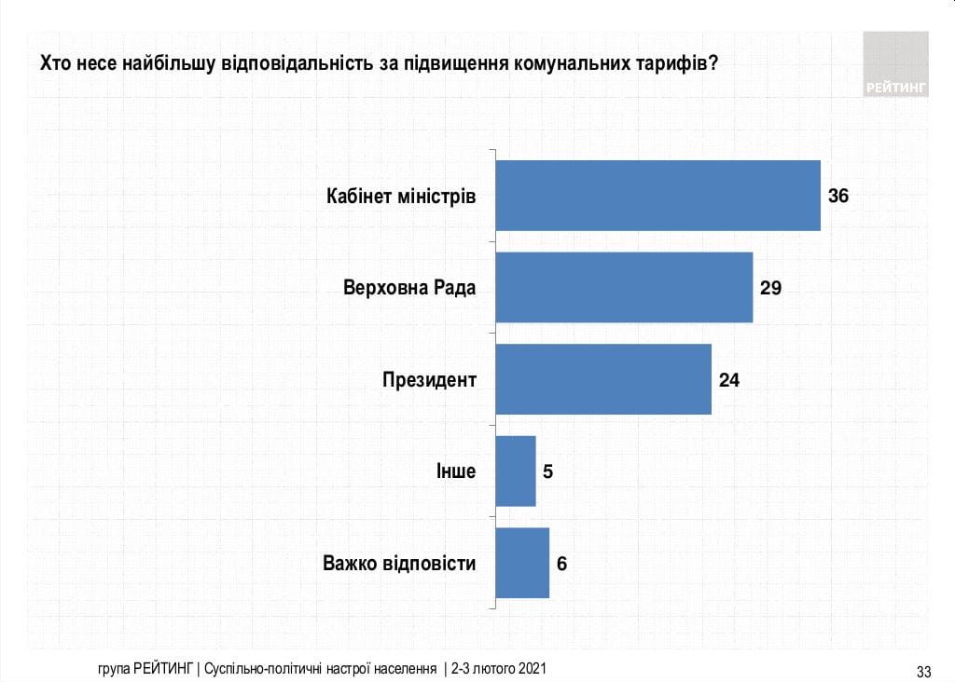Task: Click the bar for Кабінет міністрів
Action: click(x=657, y=196)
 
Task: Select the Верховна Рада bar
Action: click(x=623, y=287)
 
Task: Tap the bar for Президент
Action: click(x=602, y=379)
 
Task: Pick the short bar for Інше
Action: click(x=516, y=471)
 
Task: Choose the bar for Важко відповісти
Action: click(x=522, y=563)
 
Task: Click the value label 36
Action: click(x=839, y=196)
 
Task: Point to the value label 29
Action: click(x=770, y=287)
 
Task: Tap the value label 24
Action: click(x=729, y=379)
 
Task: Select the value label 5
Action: click(x=548, y=471)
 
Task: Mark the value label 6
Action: click(x=562, y=563)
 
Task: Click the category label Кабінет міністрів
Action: click(x=401, y=197)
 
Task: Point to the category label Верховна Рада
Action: click(x=409, y=288)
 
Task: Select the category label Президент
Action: click(x=429, y=380)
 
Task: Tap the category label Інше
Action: click(x=456, y=471)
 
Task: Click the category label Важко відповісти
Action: click(x=399, y=564)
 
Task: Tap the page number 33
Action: click(x=924, y=671)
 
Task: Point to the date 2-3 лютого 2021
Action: click(x=499, y=669)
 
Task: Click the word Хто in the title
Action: click(x=52, y=64)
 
